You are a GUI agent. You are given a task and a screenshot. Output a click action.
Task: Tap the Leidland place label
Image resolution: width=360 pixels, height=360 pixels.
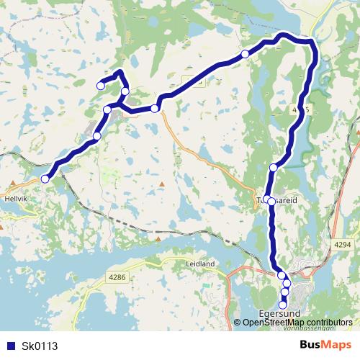201,264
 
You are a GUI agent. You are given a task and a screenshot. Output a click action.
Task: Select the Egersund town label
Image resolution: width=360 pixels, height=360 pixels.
279,314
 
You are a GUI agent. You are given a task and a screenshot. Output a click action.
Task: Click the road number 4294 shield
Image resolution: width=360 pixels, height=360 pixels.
343,246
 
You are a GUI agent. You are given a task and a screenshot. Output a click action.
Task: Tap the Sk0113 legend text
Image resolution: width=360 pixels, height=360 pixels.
40,346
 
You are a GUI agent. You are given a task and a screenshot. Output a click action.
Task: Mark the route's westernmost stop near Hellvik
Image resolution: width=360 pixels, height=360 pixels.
45,179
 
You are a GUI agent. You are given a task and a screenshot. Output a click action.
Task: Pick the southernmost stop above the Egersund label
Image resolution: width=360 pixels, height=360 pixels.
283,305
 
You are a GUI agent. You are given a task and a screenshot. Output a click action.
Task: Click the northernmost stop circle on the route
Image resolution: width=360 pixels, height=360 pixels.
245,54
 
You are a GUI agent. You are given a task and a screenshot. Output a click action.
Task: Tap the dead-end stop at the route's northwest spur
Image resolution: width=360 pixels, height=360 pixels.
101,86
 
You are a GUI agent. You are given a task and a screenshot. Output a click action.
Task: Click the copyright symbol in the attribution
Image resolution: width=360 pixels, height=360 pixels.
238,322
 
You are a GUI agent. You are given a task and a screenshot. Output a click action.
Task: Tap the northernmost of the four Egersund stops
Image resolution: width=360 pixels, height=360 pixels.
281,275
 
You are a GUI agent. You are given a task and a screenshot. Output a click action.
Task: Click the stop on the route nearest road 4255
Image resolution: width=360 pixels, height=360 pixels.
273,168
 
